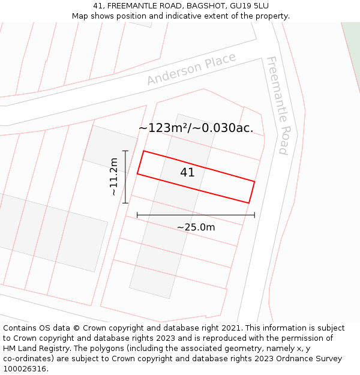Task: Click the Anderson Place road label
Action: (191, 69)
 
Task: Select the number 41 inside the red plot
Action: (187, 173)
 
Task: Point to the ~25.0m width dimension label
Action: (196, 227)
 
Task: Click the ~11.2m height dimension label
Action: (114, 177)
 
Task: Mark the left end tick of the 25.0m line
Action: (137, 215)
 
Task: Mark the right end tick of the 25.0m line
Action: (254, 215)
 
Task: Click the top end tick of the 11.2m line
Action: (125, 151)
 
